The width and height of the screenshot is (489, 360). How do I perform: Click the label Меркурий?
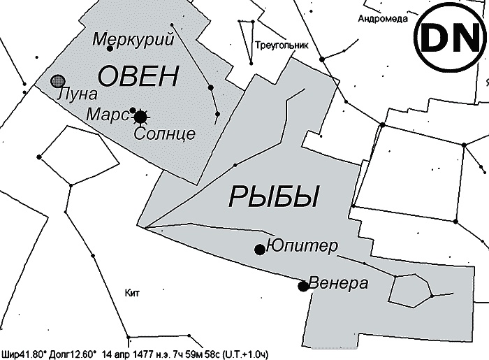[x=133, y=39]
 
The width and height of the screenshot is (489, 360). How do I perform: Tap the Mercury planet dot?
[x=110, y=48]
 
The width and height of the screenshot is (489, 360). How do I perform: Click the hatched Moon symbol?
[x=59, y=81]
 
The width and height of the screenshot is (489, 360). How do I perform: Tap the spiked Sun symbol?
[x=141, y=116]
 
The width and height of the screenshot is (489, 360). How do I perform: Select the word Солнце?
[x=164, y=133]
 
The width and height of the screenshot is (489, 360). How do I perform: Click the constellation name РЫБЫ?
[x=273, y=197]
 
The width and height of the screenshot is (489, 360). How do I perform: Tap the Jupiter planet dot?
[x=260, y=249]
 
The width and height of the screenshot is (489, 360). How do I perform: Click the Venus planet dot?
[x=303, y=285]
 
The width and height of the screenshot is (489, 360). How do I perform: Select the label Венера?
[x=338, y=284]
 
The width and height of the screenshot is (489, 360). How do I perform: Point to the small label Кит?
[x=131, y=292]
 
